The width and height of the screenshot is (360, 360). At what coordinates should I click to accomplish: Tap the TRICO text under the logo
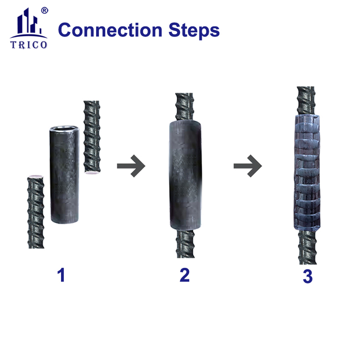click(29, 45)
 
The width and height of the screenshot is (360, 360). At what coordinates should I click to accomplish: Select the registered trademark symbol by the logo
click(44, 10)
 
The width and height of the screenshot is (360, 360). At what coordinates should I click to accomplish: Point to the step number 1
click(61, 275)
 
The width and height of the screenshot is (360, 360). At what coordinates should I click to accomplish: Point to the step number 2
click(184, 275)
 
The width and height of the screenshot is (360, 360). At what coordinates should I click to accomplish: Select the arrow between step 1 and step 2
click(131, 166)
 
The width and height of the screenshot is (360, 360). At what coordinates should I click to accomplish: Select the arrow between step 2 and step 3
click(247, 166)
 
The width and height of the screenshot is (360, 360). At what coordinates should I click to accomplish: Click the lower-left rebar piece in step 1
click(36, 211)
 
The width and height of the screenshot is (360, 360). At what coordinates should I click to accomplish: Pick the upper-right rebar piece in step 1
click(92, 137)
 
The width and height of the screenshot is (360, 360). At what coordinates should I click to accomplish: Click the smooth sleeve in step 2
click(184, 175)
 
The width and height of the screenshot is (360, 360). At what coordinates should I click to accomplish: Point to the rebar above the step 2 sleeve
click(184, 106)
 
